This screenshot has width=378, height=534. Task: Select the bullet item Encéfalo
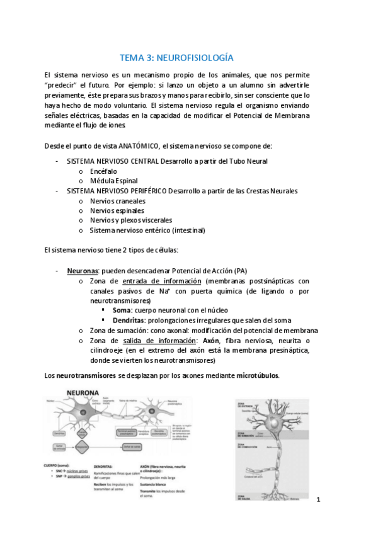(103, 171)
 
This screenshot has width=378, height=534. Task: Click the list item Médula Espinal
(114, 181)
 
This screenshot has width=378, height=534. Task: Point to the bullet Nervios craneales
(117, 201)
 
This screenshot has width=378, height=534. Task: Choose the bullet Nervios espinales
(117, 210)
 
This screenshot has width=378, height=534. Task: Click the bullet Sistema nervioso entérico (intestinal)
(147, 230)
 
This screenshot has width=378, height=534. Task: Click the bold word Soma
(122, 310)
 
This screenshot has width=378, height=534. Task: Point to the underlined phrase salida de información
(158, 340)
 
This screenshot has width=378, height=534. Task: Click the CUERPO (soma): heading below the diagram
(66, 467)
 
